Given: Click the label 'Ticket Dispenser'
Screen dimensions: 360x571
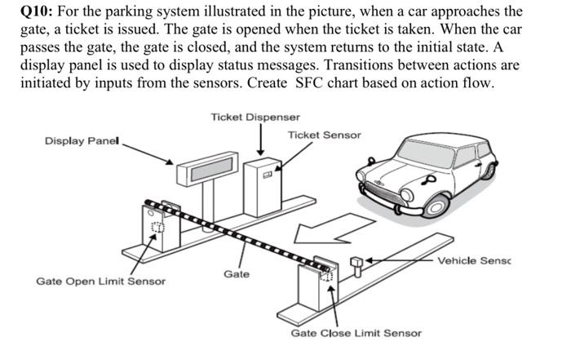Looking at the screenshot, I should [x=255, y=118].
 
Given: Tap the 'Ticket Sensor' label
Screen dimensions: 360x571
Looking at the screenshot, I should [x=324, y=135].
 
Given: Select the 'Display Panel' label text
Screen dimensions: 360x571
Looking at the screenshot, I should [x=82, y=141].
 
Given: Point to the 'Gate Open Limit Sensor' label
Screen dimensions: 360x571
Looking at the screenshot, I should [x=100, y=282].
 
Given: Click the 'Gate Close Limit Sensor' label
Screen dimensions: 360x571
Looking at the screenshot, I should [x=356, y=333].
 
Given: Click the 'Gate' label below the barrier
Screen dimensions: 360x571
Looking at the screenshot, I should [x=237, y=274].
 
